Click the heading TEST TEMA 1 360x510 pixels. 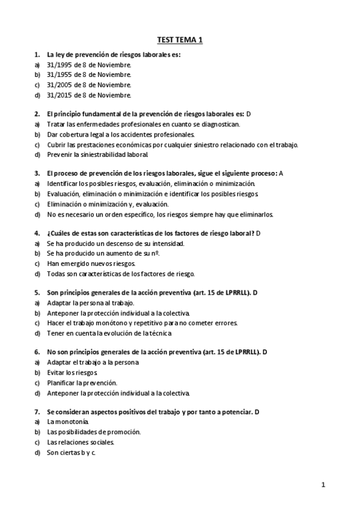click(180, 40)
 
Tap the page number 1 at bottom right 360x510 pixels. click(323, 484)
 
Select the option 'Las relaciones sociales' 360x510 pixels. click(80, 442)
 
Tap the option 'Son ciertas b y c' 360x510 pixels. click(72, 452)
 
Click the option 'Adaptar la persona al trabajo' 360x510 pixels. click(90, 303)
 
